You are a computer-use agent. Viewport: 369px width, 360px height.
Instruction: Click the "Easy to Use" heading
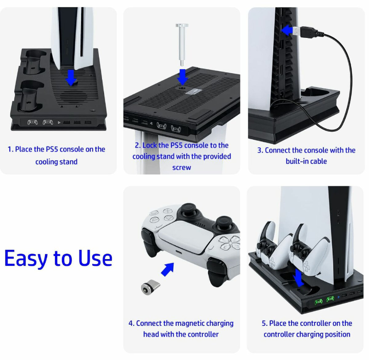[x=58, y=258]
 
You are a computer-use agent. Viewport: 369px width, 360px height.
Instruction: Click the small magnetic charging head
[x=151, y=287]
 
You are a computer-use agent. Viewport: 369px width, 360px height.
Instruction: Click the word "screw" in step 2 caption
[x=181, y=167]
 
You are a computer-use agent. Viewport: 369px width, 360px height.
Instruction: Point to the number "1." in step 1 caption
[x=10, y=149]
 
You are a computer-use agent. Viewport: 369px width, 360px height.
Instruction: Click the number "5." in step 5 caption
[x=264, y=323]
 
